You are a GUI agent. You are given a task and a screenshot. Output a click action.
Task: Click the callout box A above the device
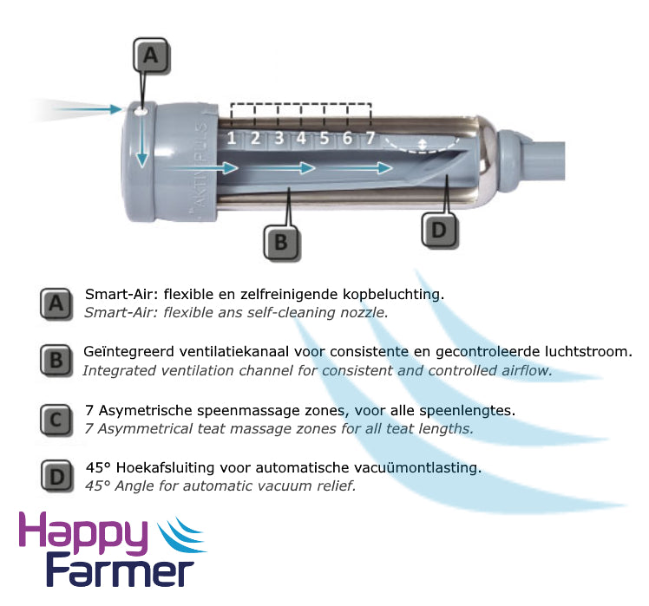click(151, 55)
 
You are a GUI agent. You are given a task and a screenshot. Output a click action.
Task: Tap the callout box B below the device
click(281, 242)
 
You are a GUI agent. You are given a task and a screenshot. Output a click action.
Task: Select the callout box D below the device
click(439, 230)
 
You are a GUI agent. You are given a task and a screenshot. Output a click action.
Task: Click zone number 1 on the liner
click(232, 138)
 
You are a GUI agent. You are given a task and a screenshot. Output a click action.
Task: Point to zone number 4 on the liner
click(301, 138)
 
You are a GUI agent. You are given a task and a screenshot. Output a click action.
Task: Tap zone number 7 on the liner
click(370, 138)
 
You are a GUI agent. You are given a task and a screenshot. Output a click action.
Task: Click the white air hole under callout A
click(141, 111)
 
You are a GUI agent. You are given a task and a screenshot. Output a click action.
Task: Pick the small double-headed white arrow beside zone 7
click(423, 145)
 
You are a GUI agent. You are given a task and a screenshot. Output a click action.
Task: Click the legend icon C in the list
click(56, 420)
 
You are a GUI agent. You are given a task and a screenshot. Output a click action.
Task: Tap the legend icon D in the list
click(57, 477)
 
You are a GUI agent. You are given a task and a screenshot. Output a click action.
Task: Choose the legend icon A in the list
click(56, 304)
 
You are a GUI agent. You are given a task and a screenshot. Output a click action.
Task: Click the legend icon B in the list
click(56, 361)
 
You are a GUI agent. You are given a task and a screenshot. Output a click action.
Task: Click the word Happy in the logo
click(83, 534)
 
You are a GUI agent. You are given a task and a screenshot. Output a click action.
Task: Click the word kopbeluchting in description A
click(393, 295)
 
